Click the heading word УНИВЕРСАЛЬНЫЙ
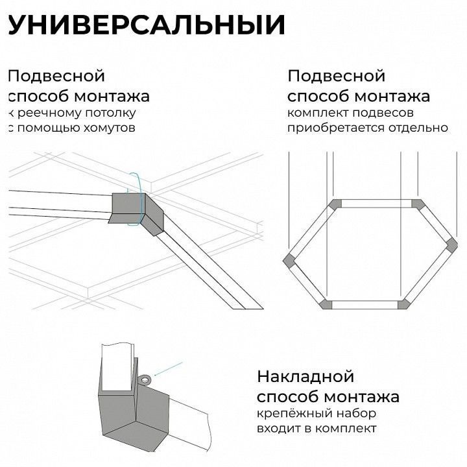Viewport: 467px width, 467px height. tap(147, 25)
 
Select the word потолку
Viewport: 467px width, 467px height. tap(110, 114)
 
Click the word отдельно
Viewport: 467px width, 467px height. tap(418, 128)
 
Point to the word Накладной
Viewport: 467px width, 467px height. tap(305, 376)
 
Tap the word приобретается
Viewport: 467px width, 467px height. tap(336, 128)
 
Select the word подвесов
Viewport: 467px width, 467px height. tap(383, 114)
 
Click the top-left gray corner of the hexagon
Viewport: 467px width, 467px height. tap(335, 204)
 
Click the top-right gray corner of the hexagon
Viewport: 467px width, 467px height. tap(418, 204)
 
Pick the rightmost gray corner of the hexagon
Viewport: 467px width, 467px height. tap(452, 245)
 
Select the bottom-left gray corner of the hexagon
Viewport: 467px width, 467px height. tap(325, 304)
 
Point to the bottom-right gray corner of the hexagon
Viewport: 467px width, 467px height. tap(404, 304)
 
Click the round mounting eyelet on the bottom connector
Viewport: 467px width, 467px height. tap(145, 379)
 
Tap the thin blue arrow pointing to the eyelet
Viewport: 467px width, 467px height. tap(168, 369)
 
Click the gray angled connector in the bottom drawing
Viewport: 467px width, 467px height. tap(134, 414)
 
